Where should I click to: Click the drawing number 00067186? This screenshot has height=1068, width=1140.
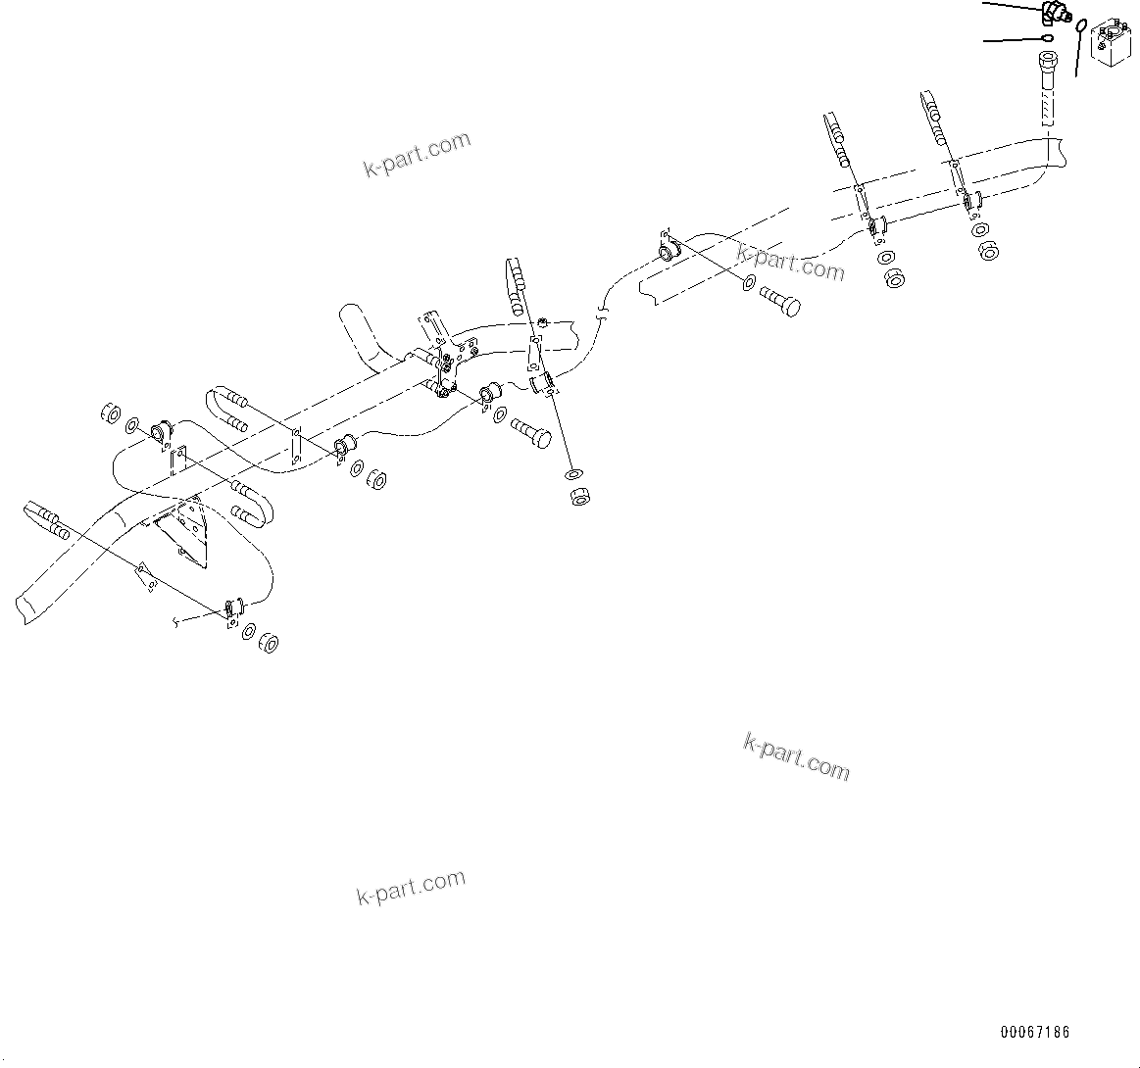pos(1035,1033)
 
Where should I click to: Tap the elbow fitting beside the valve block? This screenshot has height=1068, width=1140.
pos(1055,13)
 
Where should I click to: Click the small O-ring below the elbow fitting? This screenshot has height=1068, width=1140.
pos(1047,38)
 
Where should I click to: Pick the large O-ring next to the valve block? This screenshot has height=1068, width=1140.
pos(1080,25)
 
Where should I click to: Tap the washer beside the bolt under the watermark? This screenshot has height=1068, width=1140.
pos(749,285)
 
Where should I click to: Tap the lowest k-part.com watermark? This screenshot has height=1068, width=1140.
pos(411,888)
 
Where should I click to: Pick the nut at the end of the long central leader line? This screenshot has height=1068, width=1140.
pos(578,496)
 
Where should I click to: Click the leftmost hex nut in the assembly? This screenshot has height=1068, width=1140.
pos(111,413)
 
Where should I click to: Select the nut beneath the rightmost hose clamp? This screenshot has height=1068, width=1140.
pos(988,251)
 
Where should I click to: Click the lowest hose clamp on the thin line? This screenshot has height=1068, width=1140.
pos(233,611)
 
